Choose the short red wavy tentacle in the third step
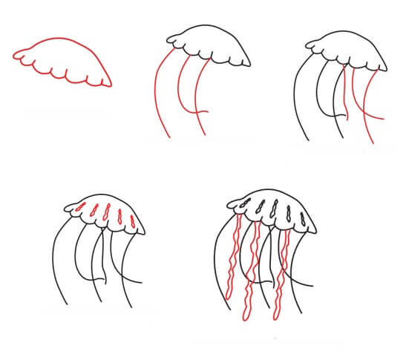[x=347, y=93]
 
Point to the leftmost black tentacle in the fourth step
[x=57, y=260]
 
